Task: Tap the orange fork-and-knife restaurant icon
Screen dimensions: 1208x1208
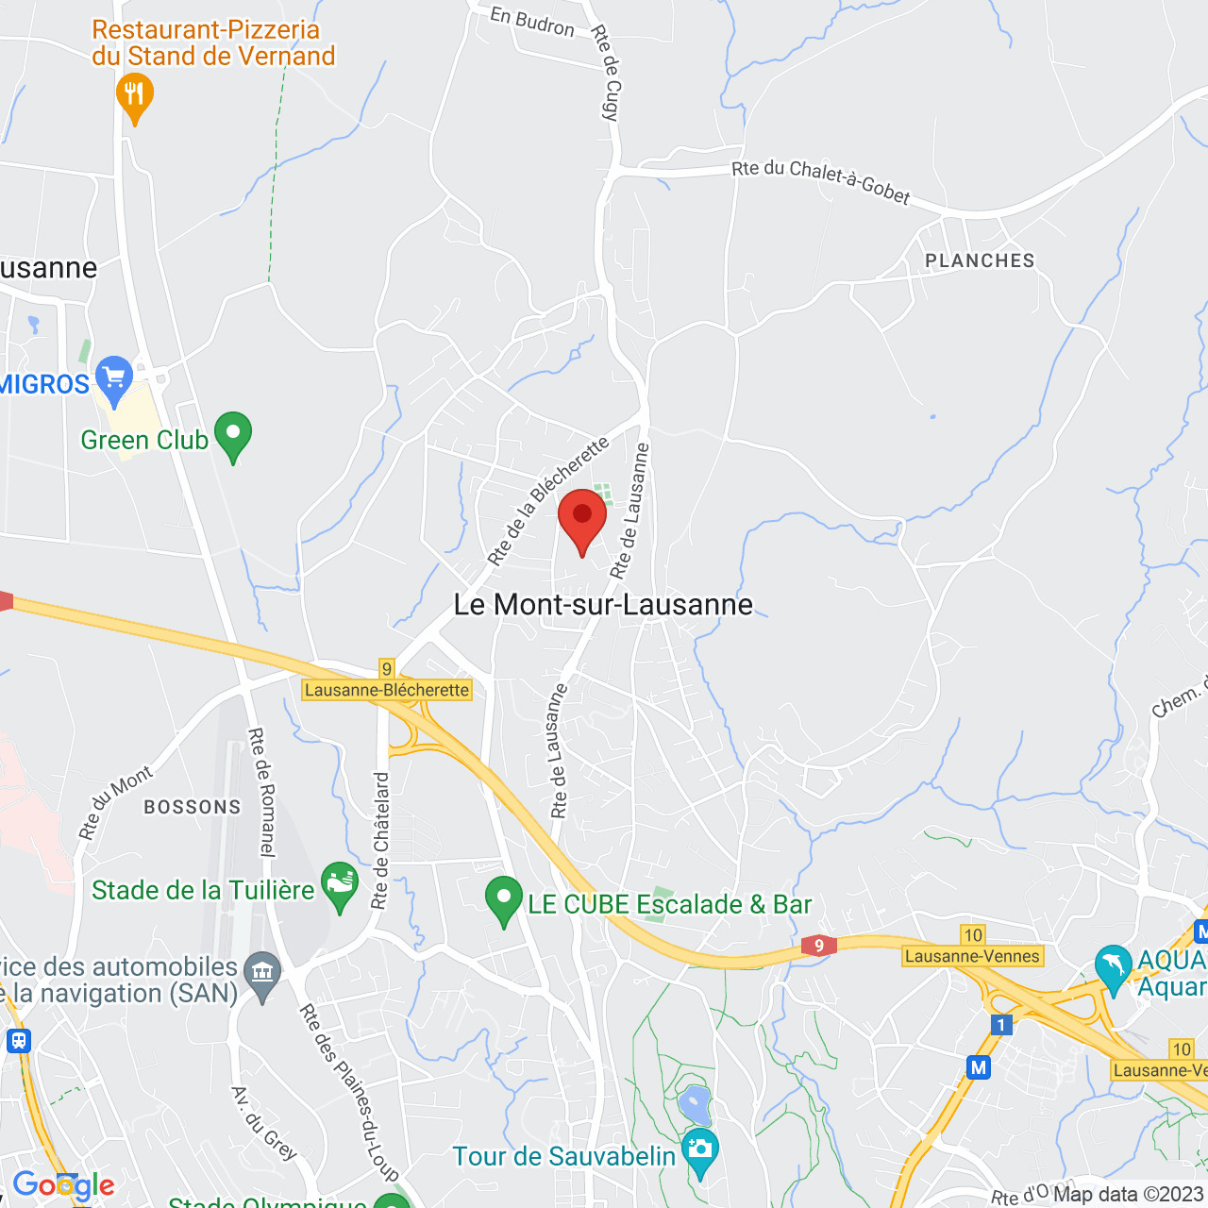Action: click(x=135, y=95)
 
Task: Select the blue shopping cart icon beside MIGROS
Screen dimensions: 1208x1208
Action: click(x=114, y=378)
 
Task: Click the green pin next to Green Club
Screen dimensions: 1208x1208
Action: click(x=233, y=434)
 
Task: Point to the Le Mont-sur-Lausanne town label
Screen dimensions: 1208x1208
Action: click(x=603, y=604)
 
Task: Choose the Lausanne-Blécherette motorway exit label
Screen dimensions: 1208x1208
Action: click(x=387, y=690)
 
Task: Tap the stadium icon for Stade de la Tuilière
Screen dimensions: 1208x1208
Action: click(x=340, y=884)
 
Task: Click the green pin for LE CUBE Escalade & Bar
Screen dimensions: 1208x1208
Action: click(x=504, y=898)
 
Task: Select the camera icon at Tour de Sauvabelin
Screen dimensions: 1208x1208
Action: click(x=700, y=1149)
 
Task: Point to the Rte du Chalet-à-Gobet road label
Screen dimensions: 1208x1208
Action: click(x=821, y=182)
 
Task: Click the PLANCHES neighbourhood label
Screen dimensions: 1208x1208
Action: click(x=980, y=260)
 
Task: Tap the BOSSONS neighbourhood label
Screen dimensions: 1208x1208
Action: click(x=193, y=807)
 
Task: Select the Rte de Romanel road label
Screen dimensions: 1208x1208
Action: click(x=261, y=793)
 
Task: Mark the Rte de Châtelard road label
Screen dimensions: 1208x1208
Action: click(x=380, y=840)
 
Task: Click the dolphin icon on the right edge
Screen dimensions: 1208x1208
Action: click(x=1114, y=966)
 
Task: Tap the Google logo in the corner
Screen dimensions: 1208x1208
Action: click(x=63, y=1185)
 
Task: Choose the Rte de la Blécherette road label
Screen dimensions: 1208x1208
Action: click(x=547, y=500)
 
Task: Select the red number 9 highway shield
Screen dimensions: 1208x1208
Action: click(x=819, y=945)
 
